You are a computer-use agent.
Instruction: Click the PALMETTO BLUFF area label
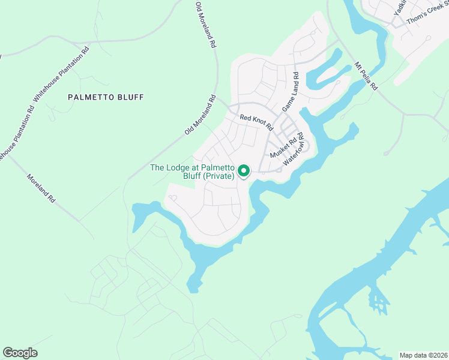[106, 97]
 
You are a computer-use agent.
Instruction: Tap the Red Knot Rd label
[256, 122]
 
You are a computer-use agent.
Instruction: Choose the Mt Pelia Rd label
[366, 76]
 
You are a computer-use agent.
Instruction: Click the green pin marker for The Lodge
[244, 171]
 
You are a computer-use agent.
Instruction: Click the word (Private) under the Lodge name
[218, 176]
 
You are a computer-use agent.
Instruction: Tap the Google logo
[20, 353]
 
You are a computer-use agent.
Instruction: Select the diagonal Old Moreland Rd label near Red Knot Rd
[200, 114]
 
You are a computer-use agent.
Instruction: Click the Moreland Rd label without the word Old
[41, 188]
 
